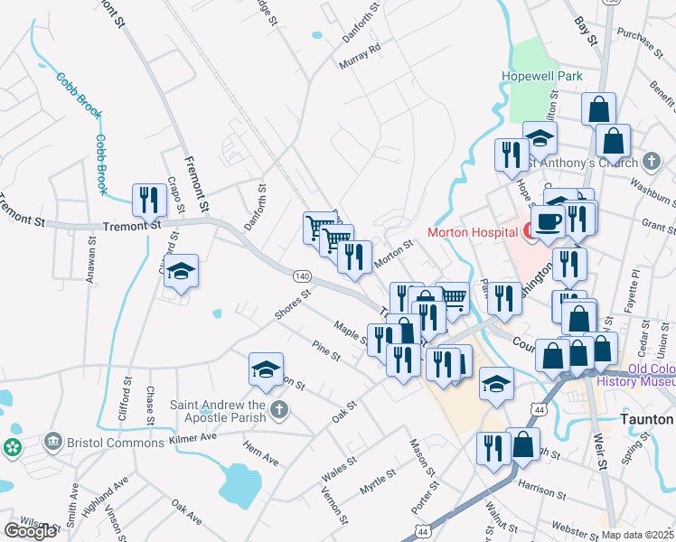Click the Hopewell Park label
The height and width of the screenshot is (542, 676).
[544, 77]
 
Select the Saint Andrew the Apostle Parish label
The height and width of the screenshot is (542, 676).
[220, 411]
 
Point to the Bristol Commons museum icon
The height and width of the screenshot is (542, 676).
[52, 441]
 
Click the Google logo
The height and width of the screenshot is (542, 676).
[30, 531]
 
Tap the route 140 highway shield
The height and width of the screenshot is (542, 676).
[302, 276]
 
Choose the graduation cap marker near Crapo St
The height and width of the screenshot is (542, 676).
[181, 271]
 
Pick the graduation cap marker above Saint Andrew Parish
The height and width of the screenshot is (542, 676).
[266, 369]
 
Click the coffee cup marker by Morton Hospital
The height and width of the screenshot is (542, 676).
[548, 221]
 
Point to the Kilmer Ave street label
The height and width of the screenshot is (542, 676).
[193, 438]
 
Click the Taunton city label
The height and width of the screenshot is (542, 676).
[646, 420]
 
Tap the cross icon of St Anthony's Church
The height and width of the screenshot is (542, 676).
[652, 163]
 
